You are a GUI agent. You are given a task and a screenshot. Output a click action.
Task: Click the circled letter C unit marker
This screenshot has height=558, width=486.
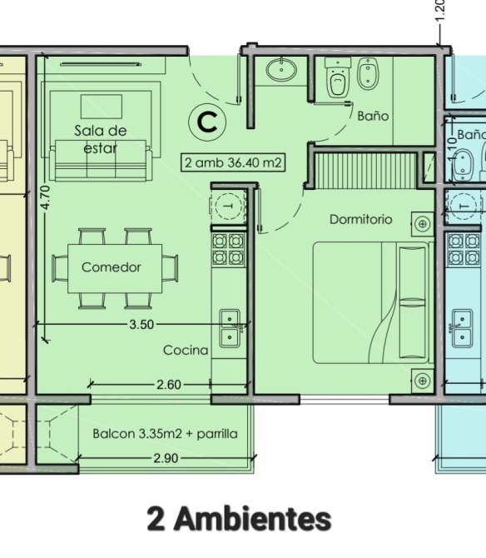coord(207,122)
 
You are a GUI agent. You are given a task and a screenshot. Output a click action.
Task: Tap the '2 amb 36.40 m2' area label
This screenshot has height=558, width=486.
coord(233,162)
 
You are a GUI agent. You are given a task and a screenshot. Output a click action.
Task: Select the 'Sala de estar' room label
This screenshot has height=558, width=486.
coord(100,139)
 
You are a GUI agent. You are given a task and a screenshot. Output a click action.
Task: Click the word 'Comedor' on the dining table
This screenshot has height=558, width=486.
coord(112,267)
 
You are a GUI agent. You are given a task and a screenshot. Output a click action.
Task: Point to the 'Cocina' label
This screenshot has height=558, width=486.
coord(186,350)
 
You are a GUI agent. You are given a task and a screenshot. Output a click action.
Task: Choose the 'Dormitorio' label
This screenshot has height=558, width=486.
coord(361,219)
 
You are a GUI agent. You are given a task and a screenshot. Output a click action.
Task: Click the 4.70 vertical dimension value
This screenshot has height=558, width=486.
coord(46,197)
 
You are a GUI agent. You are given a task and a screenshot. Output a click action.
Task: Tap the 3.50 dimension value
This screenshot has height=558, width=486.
coord(141,325)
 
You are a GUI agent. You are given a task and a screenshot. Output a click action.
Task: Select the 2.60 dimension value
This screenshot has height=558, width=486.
coord(169,385)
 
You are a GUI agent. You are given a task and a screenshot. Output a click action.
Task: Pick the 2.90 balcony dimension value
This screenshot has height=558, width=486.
coord(166,458)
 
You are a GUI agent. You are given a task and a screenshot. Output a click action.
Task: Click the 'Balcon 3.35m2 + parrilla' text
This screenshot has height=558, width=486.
coord(165,434)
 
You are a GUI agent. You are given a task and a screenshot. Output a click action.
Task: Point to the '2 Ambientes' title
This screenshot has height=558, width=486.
coord(239,519)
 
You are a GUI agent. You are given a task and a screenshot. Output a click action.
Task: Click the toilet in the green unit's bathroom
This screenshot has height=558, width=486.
coord(338,78)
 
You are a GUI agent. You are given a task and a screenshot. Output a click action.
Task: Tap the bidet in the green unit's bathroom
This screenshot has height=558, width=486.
coord(368,73)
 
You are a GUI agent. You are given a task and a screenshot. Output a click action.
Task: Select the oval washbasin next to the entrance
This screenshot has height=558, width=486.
coord(281,69)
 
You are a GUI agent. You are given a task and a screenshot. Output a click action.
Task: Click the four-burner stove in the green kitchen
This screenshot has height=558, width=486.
coord(228,249)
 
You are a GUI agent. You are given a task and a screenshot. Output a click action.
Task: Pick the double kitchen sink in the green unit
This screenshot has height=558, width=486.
coord(230,328)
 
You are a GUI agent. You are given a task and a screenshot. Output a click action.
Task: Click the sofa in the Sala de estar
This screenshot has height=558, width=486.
coord(101,161)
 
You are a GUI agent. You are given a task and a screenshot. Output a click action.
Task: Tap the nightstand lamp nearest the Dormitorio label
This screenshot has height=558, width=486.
coord(423,224)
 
